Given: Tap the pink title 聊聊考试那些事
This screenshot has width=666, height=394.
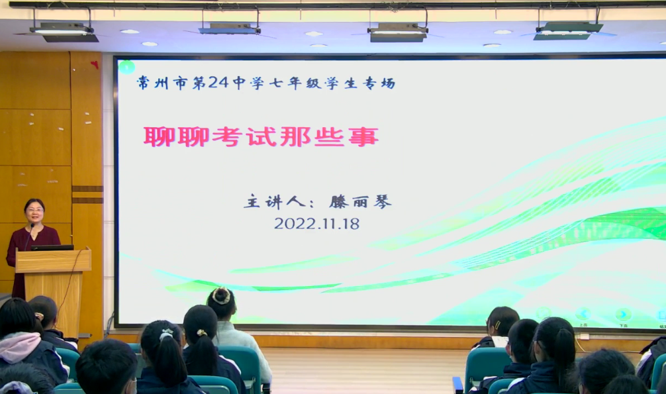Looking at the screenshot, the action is point(261,137).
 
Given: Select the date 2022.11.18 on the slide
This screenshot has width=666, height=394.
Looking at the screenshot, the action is point(317,224).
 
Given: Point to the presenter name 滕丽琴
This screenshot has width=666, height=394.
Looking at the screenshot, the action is point(360,201).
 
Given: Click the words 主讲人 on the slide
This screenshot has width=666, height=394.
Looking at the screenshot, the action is point(274,201).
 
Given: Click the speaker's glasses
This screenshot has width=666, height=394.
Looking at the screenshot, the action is point(34,209).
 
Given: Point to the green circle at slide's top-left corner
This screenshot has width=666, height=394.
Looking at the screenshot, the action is point(126,67).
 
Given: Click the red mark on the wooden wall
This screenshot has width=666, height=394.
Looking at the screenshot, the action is point(95,65).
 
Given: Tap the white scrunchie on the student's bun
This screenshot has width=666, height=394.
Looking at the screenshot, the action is point(221,296).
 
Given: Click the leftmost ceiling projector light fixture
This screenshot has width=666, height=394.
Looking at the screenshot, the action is point(64,31).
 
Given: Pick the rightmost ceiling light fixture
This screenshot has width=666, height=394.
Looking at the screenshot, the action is point(568,30).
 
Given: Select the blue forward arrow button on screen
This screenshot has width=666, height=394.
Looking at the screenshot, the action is point(623,315).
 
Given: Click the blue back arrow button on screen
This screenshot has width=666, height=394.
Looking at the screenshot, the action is point(583,314).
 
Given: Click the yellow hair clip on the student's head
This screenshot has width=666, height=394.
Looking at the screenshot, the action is point(497,325).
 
